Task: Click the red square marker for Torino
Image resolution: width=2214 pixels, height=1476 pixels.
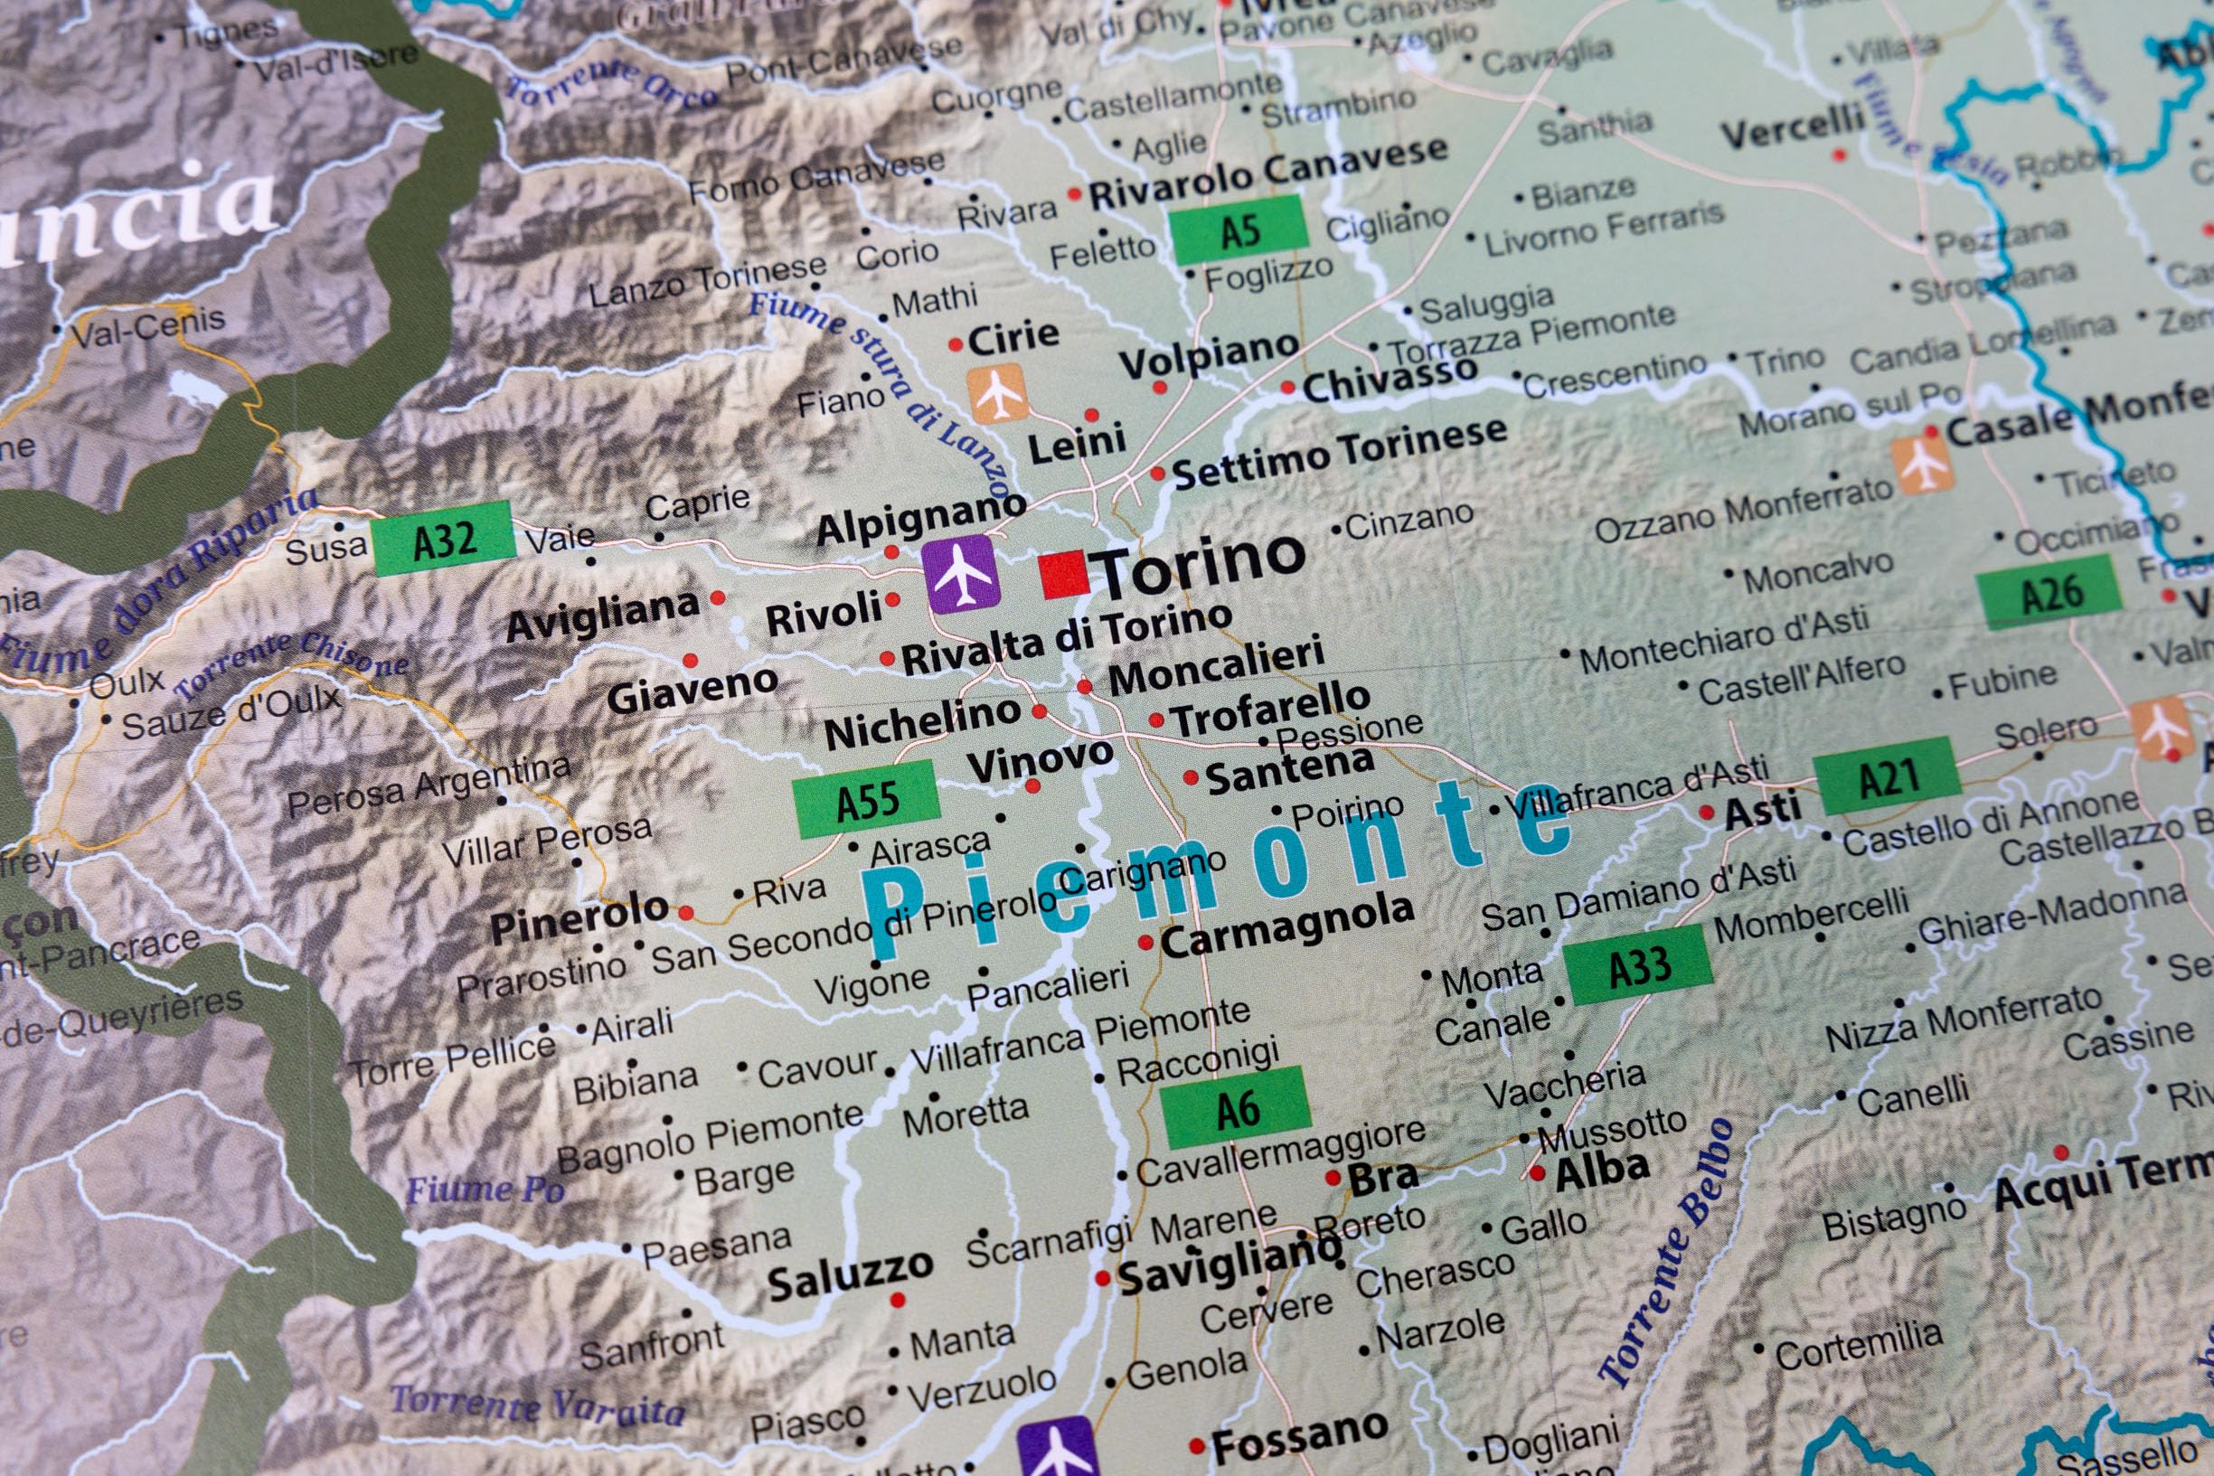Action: [1064, 574]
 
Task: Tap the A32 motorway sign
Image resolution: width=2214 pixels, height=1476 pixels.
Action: [443, 539]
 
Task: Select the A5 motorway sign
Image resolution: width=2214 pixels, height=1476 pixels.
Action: [1238, 230]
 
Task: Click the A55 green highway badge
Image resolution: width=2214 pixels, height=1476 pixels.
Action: [866, 799]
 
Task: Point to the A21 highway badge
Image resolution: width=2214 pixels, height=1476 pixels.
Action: [1887, 776]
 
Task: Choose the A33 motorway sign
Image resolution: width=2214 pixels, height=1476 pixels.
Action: [1638, 964]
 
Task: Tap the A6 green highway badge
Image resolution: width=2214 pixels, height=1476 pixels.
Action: [1236, 1107]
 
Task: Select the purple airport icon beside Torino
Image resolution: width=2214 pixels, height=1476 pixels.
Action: [959, 573]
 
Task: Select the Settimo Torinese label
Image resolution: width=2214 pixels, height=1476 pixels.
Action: [1340, 453]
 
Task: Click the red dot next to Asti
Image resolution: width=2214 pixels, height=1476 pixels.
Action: [1706, 812]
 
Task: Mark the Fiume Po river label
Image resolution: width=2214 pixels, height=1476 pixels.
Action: [485, 1189]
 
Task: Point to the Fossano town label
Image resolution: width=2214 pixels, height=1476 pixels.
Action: [1298, 1440]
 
